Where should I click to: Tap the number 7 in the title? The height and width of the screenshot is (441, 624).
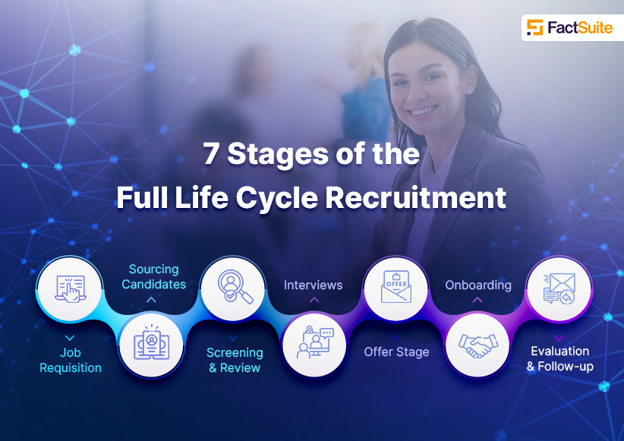(211, 153)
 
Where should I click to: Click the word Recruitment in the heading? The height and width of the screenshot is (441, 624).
(416, 197)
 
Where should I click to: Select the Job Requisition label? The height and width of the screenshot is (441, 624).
(71, 360)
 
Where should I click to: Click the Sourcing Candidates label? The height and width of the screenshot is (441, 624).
(153, 276)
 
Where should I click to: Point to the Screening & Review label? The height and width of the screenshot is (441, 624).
(235, 360)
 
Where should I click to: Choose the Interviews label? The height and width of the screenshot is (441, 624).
(314, 285)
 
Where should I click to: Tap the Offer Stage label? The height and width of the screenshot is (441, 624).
(396, 352)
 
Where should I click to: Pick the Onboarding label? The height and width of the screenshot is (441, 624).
(478, 285)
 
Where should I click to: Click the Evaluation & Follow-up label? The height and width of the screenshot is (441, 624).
(560, 358)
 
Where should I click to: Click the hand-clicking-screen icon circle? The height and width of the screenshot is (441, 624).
(70, 289)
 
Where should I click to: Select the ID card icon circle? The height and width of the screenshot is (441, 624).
(151, 345)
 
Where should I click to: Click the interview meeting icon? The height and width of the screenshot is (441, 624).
(315, 342)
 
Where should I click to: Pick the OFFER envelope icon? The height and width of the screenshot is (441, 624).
(396, 287)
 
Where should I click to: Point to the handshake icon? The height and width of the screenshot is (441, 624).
(478, 345)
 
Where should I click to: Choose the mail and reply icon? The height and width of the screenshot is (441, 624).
(559, 288)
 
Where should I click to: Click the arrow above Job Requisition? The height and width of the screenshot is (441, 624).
(70, 338)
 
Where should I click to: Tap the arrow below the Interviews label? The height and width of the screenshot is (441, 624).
(314, 300)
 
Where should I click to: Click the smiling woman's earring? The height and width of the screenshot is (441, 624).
(470, 92)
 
